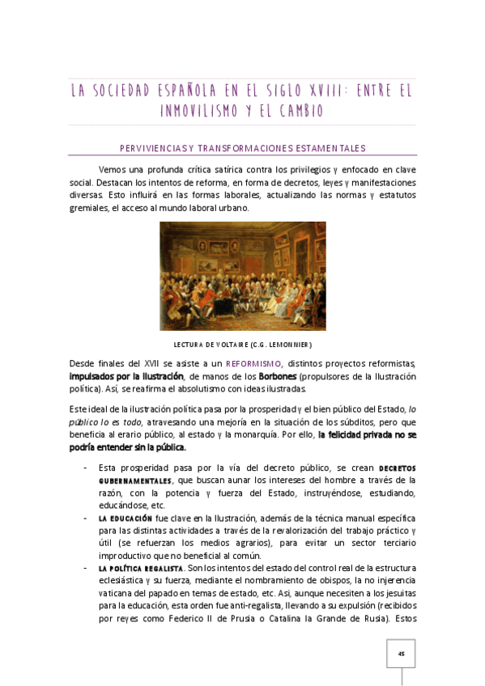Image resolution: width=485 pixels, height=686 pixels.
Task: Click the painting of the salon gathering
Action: (x=242, y=276)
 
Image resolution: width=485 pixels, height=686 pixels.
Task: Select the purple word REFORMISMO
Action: (x=253, y=364)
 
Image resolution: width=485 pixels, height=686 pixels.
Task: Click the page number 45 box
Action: (x=400, y=654)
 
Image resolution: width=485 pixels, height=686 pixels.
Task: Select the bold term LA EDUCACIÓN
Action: (x=125, y=517)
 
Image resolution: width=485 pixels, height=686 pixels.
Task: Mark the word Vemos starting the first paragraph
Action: (x=112, y=169)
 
